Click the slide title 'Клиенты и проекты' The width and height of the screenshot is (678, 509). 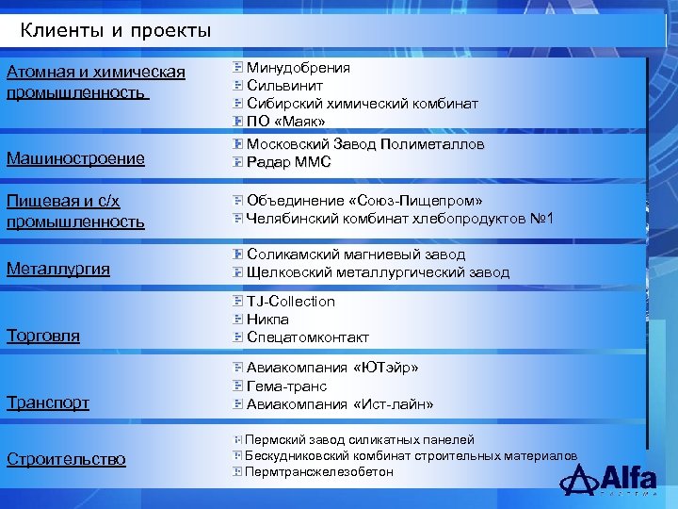click(x=116, y=31)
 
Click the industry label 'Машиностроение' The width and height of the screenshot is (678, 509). click(x=75, y=158)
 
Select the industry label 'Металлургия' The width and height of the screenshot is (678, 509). click(x=58, y=269)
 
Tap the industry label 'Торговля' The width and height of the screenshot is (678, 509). click(x=43, y=336)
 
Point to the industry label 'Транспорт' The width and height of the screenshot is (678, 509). click(x=48, y=402)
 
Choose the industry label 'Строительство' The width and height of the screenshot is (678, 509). click(x=66, y=459)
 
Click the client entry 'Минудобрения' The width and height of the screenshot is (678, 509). click(x=298, y=68)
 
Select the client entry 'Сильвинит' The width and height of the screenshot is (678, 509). click(x=286, y=86)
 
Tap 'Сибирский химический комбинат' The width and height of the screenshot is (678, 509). click(x=362, y=104)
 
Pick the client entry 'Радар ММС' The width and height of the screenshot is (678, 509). click(x=288, y=163)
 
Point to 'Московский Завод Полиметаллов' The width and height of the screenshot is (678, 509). click(x=364, y=145)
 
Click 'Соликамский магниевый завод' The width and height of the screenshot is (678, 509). click(x=355, y=254)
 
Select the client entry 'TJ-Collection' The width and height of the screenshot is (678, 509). click(x=290, y=302)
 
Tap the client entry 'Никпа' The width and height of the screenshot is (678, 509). click(x=267, y=320)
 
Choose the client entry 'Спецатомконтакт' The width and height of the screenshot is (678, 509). click(x=307, y=337)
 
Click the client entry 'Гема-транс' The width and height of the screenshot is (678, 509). click(x=286, y=386)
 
